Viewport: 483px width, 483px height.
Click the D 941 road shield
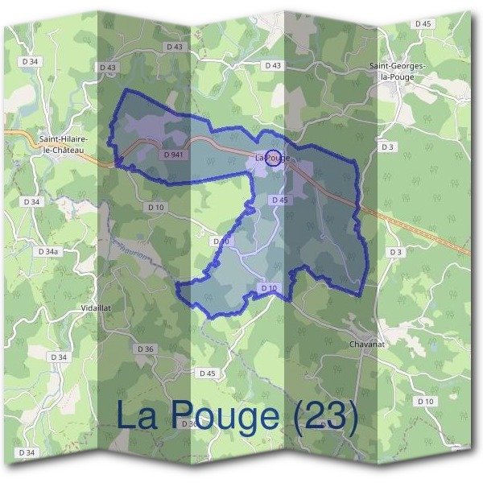[x=173, y=154]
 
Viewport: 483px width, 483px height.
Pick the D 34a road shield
[x=49, y=252]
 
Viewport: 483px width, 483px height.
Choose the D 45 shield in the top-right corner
[x=424, y=24]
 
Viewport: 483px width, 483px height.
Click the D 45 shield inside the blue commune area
[x=279, y=200]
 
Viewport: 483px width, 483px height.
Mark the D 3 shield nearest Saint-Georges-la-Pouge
[x=388, y=147]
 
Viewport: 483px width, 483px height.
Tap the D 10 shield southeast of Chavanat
[x=425, y=401]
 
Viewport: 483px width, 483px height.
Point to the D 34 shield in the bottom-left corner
[x=27, y=452]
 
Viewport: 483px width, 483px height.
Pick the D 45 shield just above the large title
[x=208, y=374]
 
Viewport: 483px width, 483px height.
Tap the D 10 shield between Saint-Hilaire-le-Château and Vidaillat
[x=156, y=207]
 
